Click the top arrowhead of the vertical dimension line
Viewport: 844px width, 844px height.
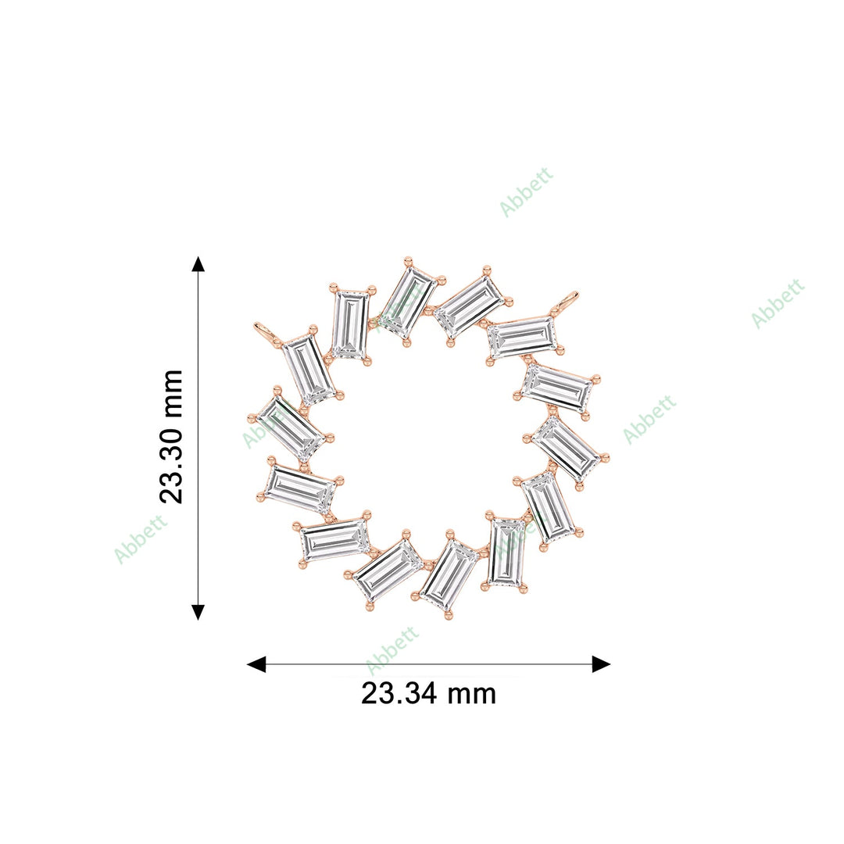click(198, 263)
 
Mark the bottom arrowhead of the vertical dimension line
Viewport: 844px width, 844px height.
click(198, 611)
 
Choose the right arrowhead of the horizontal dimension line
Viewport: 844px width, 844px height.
click(601, 664)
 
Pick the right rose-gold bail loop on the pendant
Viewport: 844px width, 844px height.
click(568, 300)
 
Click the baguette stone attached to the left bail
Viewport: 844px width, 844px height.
click(309, 369)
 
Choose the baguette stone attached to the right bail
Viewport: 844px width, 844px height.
click(522, 337)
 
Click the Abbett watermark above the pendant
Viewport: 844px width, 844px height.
click(526, 191)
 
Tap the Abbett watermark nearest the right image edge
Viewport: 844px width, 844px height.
click(778, 303)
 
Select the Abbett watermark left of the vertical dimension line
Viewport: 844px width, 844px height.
click(141, 538)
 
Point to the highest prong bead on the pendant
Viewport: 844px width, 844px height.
click(407, 260)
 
